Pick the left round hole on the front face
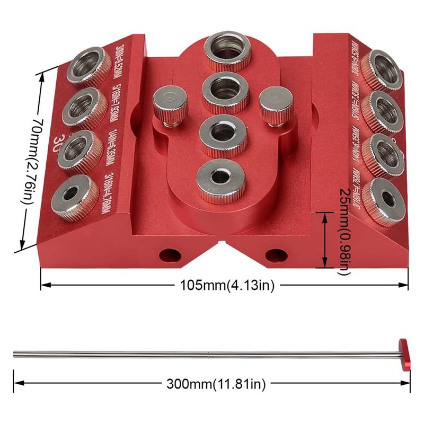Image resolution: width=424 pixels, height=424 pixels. [170, 254]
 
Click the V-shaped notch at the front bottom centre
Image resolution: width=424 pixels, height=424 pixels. [222, 245]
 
